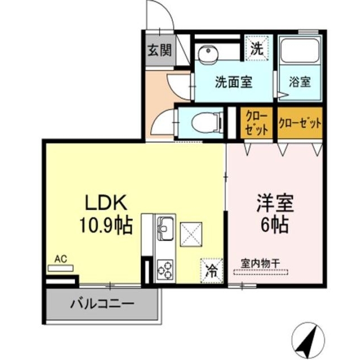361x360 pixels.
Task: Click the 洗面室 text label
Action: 233,82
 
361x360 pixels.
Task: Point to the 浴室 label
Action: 300,82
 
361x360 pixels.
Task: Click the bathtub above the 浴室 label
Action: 300,51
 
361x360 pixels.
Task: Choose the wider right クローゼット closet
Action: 300,123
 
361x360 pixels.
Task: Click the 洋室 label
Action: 274,202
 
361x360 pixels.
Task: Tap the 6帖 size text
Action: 274,225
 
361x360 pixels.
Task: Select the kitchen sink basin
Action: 166,228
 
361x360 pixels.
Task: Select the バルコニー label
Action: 102,304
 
